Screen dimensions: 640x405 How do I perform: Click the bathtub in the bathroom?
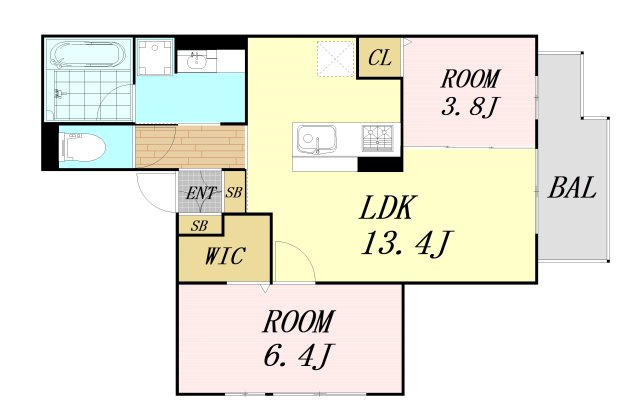point(88,54)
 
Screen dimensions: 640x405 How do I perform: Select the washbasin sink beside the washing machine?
point(197,62)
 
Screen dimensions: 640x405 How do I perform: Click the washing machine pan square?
point(154,56)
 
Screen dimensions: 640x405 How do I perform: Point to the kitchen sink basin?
point(316,139)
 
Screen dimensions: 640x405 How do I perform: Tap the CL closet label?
point(380,58)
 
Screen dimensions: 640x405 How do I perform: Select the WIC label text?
point(224,256)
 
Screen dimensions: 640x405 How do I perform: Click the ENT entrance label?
point(200,193)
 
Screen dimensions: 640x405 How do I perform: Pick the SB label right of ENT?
point(234,192)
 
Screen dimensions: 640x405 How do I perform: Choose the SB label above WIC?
point(199,226)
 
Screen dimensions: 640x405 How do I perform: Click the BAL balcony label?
point(572,188)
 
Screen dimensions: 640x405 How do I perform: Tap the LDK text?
point(387,208)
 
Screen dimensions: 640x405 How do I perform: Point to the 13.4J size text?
point(407,244)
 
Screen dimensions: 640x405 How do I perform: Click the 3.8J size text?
point(469,106)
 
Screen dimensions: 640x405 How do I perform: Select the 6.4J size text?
point(299,354)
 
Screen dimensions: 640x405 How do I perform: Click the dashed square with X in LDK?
point(336,59)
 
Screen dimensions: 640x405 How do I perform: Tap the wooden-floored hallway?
point(190,147)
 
